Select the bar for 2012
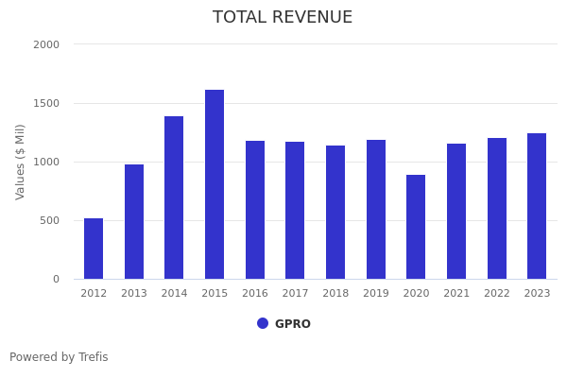(94, 249)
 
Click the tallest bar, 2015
(215, 184)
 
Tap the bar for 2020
(416, 227)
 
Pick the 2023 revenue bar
(537, 206)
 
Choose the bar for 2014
(174, 198)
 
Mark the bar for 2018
(335, 212)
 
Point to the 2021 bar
(456, 211)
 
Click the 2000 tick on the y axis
(46, 44)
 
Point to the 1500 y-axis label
(46, 103)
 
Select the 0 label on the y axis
(56, 279)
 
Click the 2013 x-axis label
(134, 294)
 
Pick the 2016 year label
(255, 294)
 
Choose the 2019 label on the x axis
(376, 294)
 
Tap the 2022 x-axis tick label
(497, 294)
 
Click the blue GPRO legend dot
(263, 323)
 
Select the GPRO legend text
(293, 324)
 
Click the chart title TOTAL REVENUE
(283, 18)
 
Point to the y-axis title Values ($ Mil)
(21, 162)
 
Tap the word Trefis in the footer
(93, 357)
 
